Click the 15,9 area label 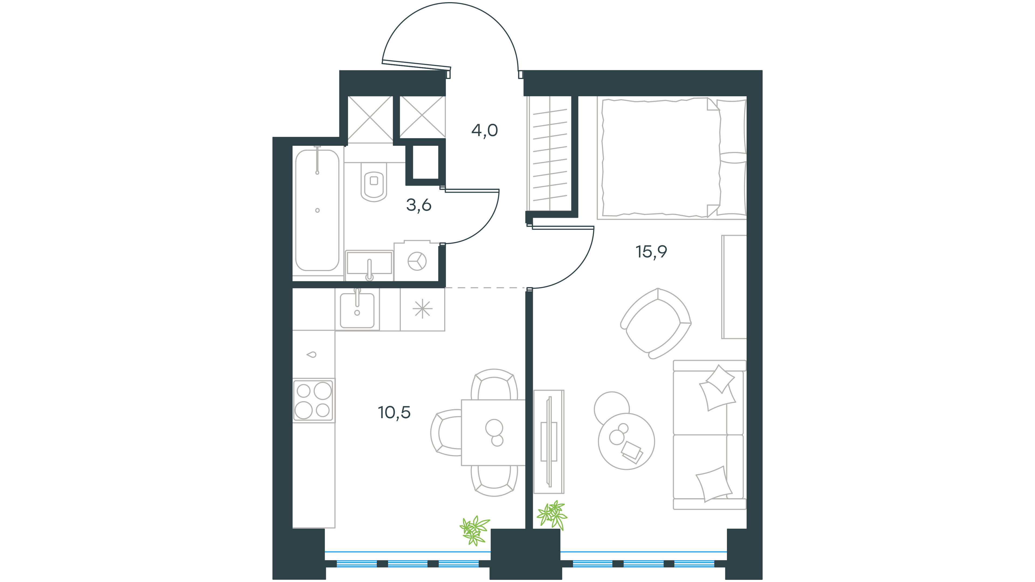tap(651, 252)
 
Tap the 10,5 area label tap(394, 413)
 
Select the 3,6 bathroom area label tap(419, 205)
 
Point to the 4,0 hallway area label tap(485, 130)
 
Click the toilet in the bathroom tap(374, 182)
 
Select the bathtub tap(318, 210)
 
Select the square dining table tap(494, 432)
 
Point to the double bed tap(672, 158)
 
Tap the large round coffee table tap(626, 441)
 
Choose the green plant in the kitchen tap(474, 530)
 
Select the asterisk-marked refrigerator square tap(422, 309)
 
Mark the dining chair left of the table tap(446, 432)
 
